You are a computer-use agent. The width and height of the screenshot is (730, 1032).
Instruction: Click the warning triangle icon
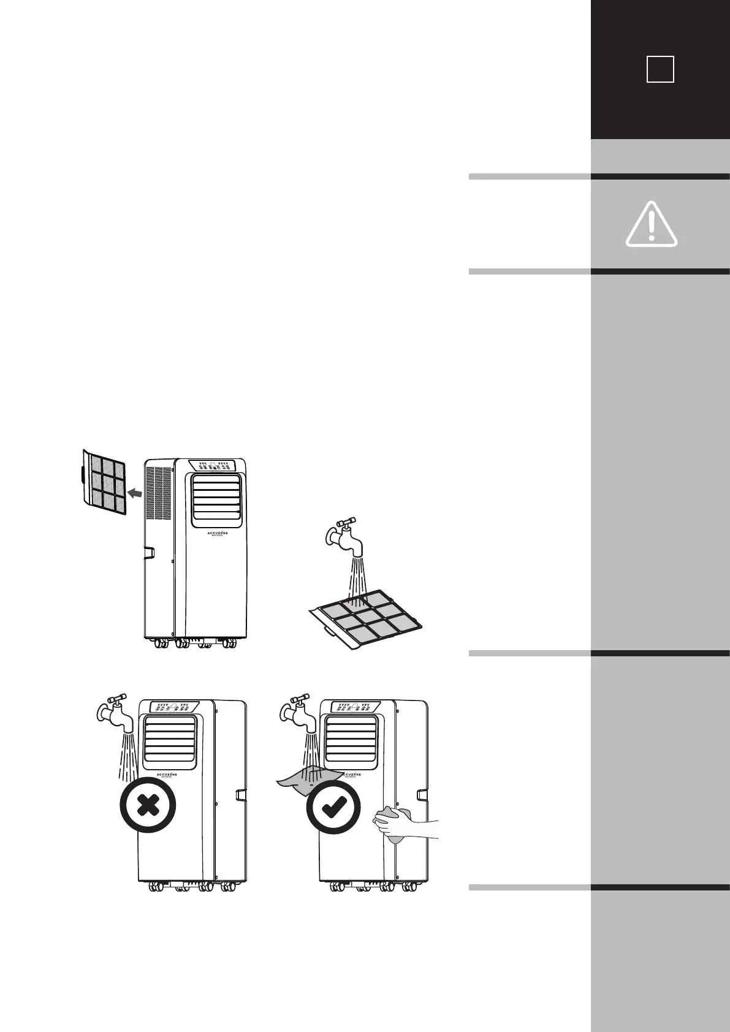pos(651,224)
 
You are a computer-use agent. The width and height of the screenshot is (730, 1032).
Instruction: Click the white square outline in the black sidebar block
pos(660,69)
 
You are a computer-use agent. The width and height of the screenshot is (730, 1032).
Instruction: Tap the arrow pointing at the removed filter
pos(137,491)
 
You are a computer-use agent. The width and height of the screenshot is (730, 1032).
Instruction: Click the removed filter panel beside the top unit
pos(104,482)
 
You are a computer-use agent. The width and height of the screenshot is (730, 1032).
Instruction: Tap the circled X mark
pos(148,805)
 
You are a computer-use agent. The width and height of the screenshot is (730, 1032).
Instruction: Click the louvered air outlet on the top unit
pos(215,500)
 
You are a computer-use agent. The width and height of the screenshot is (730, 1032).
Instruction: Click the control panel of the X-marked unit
pos(170,707)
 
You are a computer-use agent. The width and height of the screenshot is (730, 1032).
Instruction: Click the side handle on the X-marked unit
pos(240,795)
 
